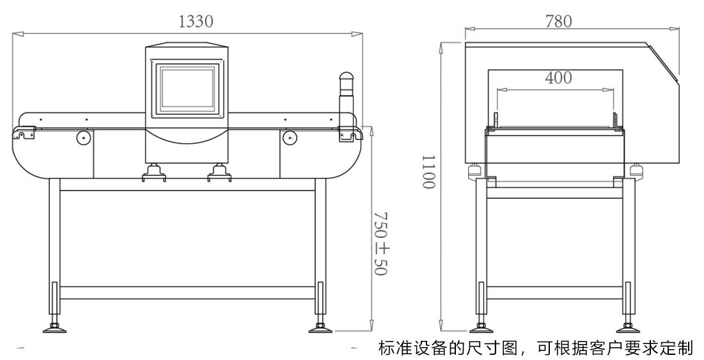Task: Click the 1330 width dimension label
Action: (196, 21)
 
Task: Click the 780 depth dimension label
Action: (559, 21)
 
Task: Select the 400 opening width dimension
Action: (558, 78)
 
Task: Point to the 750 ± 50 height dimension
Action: (380, 244)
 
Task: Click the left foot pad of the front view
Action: (54, 329)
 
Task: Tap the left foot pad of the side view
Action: (481, 329)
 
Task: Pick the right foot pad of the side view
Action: (629, 329)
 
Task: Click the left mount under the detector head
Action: (153, 172)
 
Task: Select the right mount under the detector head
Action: (219, 172)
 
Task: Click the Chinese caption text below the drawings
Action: (536, 348)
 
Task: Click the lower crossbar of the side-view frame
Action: (554, 293)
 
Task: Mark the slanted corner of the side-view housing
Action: (664, 63)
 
